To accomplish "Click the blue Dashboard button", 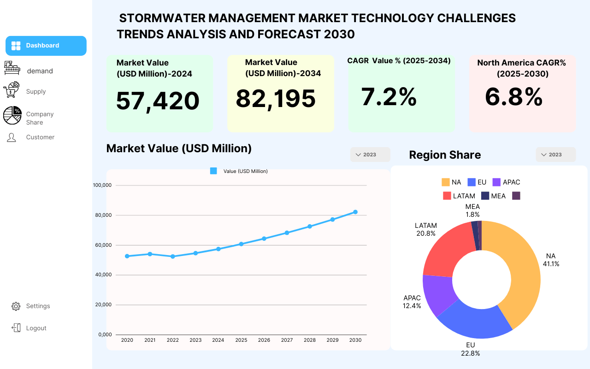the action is pyautogui.click(x=46, y=46).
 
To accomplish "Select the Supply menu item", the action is pyautogui.click(x=36, y=91).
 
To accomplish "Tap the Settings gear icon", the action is pyautogui.click(x=16, y=306).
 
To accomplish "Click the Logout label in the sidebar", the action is pyautogui.click(x=36, y=328).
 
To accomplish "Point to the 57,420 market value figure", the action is pyautogui.click(x=158, y=101).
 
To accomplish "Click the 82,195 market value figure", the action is pyautogui.click(x=276, y=99).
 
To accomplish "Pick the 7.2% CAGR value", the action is pyautogui.click(x=389, y=97).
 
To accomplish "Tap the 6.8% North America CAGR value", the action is pyautogui.click(x=513, y=97).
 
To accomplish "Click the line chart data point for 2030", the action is pyautogui.click(x=355, y=212).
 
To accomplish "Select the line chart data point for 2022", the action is pyautogui.click(x=173, y=256).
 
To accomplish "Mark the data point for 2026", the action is pyautogui.click(x=264, y=238).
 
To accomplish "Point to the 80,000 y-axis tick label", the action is pyautogui.click(x=103, y=215).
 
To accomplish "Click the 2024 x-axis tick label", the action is pyautogui.click(x=218, y=340).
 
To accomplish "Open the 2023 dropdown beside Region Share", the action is pyautogui.click(x=556, y=155).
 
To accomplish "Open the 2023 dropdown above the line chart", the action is pyautogui.click(x=370, y=155).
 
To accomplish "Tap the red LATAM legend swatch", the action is pyautogui.click(x=447, y=196).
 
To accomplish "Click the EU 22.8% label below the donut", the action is pyautogui.click(x=471, y=349).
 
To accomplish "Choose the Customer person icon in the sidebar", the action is pyautogui.click(x=12, y=137).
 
